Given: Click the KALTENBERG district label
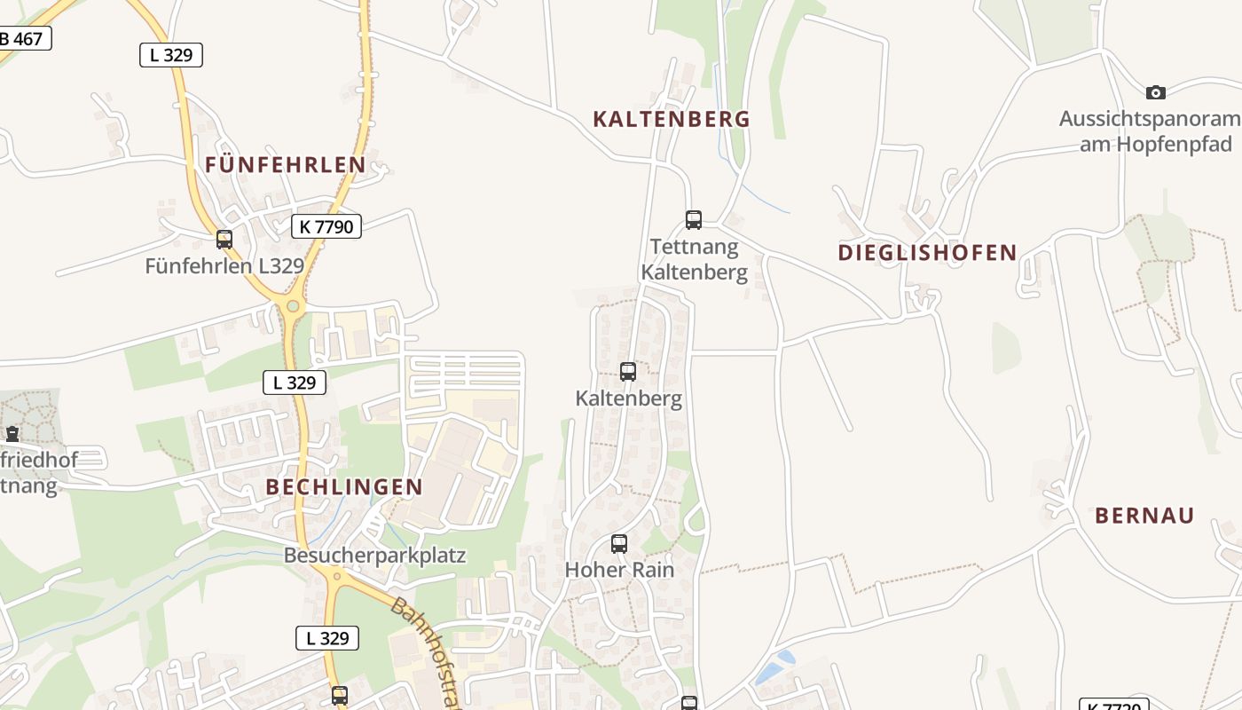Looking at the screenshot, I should [x=672, y=119].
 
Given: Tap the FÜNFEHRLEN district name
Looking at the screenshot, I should [x=285, y=164].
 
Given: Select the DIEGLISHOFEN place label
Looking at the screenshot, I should [x=927, y=252].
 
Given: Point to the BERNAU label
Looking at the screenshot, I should [x=1144, y=515].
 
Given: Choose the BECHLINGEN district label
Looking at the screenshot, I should [x=344, y=486].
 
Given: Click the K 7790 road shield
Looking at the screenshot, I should [x=326, y=226].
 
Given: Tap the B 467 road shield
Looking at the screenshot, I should [x=23, y=39].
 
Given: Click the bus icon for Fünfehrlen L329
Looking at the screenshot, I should [x=224, y=239].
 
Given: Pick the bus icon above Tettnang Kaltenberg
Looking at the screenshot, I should [x=694, y=219].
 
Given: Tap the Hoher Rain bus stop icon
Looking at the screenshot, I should [x=619, y=544].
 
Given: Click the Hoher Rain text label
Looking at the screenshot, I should [x=619, y=570].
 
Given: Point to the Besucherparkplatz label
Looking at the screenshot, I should [x=374, y=556].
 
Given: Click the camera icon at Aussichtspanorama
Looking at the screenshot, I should [x=1155, y=92].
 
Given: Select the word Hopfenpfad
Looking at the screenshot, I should [x=1155, y=143].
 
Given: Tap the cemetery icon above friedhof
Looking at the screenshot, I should [x=12, y=434].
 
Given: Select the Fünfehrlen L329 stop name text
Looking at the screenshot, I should [x=224, y=265].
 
